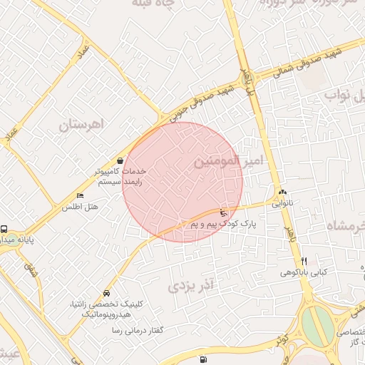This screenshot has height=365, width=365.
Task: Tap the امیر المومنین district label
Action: click(228, 163)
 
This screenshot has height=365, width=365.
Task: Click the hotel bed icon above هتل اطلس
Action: click(80, 196)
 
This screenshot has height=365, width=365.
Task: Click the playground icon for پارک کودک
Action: click(223, 212)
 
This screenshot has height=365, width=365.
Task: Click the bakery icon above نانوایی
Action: click(283, 192)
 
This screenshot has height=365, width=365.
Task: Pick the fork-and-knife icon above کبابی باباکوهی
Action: click(304, 261)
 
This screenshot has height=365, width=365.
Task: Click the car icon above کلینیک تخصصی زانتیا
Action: click(106, 293)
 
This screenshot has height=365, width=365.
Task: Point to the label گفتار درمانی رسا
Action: click(134, 331)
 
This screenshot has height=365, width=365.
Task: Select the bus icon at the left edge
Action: click(4, 230)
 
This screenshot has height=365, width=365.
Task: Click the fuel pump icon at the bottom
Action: click(205, 359)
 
